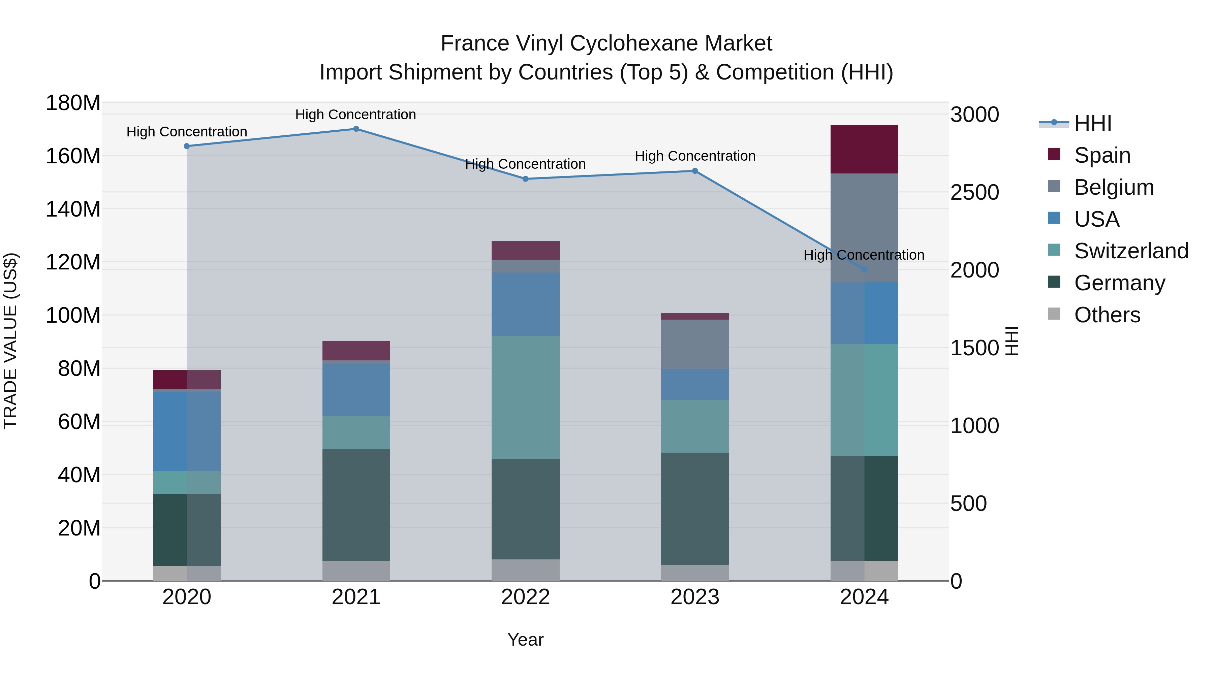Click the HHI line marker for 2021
click(356, 129)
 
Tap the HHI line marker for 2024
click(864, 269)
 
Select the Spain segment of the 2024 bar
click(864, 149)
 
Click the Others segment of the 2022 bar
click(526, 570)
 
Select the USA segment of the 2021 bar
click(356, 390)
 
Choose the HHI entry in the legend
click(1092, 123)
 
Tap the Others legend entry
click(1107, 315)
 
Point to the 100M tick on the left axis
click(73, 315)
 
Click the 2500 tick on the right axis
click(974, 193)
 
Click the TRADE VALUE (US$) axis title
click(10, 341)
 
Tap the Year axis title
click(526, 640)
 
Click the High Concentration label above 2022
click(526, 164)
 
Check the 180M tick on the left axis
click(73, 103)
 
